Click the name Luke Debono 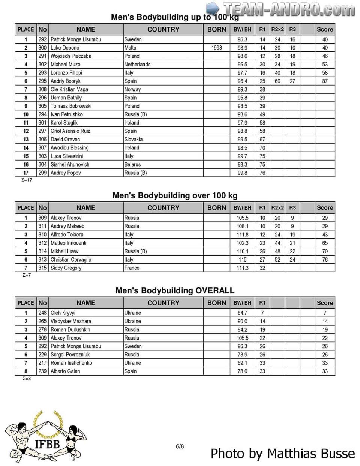pyautogui.click(x=65, y=48)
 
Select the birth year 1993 pyautogui.click(x=216, y=48)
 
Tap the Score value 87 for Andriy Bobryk pyautogui.click(x=325, y=81)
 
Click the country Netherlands pyautogui.click(x=137, y=64)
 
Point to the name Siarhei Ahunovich pyautogui.click(x=70, y=164)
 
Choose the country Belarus pyautogui.click(x=132, y=164)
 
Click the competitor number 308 pyautogui.click(x=42, y=89)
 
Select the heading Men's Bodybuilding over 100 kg pyautogui.click(x=175, y=195)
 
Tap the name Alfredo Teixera pyautogui.click(x=67, y=235)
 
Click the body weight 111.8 pyautogui.click(x=242, y=235)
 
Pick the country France pyautogui.click(x=132, y=268)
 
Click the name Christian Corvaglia pyautogui.click(x=71, y=260)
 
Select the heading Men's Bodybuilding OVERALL pyautogui.click(x=175, y=290)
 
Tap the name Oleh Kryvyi pyautogui.click(x=63, y=313)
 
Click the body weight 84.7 pyautogui.click(x=242, y=313)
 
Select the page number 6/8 pyautogui.click(x=180, y=446)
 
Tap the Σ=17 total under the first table pyautogui.click(x=27, y=180)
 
